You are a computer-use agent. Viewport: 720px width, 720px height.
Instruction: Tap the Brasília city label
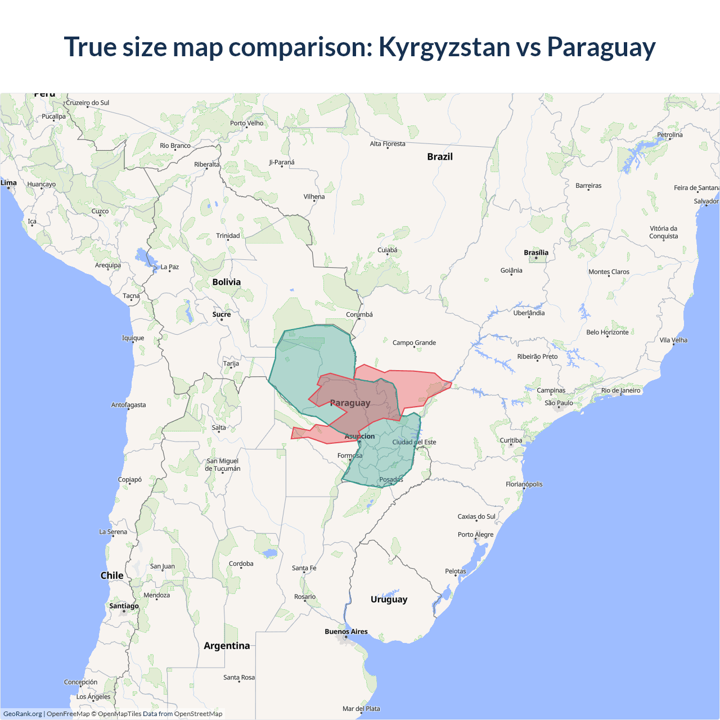point(535,253)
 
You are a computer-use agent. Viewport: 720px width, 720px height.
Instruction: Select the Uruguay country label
point(389,599)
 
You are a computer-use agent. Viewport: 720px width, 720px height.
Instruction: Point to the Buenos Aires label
point(346,632)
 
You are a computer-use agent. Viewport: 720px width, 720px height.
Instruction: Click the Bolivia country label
point(226,282)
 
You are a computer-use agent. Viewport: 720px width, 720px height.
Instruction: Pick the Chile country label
point(111,575)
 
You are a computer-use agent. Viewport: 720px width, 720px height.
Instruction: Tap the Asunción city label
point(359,436)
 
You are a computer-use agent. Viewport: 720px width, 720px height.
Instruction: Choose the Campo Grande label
point(414,343)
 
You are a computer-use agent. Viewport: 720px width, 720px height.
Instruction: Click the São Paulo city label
point(559,403)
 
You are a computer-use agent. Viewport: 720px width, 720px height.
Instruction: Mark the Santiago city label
point(124,606)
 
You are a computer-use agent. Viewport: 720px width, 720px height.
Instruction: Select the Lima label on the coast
point(8,183)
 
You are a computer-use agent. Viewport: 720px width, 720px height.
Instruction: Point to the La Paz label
point(169,267)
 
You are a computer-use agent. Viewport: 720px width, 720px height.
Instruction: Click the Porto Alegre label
point(475,534)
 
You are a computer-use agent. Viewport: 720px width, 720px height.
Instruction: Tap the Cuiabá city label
point(387,250)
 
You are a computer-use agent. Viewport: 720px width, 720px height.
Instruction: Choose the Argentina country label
point(227,646)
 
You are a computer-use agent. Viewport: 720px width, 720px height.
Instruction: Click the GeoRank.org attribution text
point(22,714)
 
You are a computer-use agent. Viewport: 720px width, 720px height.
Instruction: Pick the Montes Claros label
point(609,272)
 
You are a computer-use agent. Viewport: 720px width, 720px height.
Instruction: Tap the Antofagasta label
point(128,405)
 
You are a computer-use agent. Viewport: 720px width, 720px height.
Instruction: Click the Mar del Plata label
point(361,709)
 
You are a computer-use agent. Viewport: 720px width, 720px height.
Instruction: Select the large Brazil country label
point(439,157)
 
